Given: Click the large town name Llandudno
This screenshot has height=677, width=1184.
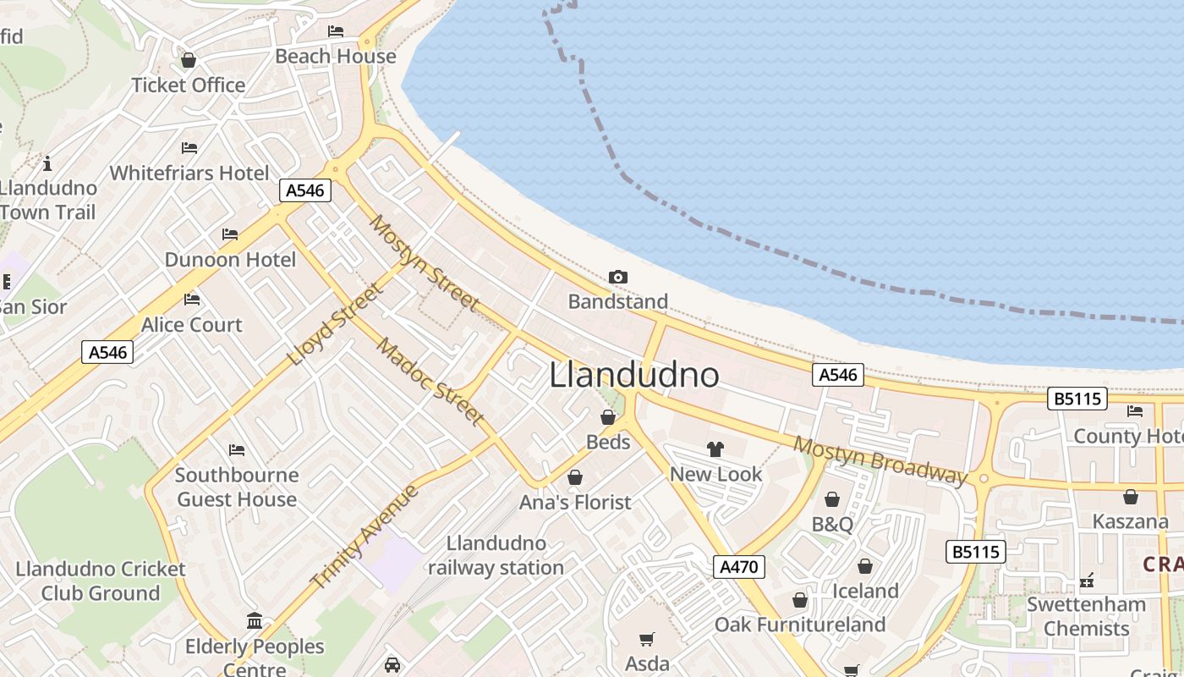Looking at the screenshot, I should point(634,375).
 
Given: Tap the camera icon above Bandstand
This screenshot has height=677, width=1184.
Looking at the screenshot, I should point(618,277).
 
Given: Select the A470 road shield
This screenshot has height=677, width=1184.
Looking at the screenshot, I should point(738,567).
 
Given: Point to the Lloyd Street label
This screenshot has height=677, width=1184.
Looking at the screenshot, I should point(335,325).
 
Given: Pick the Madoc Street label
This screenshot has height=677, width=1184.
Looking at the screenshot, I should point(430,381).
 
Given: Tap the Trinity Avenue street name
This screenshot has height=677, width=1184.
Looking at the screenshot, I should point(365,537).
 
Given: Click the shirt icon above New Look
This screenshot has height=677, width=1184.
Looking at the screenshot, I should point(715,449).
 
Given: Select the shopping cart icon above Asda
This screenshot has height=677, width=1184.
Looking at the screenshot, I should point(647,639).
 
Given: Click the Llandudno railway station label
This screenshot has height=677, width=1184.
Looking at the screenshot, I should point(496,555).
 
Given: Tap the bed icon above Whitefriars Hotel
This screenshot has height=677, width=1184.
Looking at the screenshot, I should point(189,148).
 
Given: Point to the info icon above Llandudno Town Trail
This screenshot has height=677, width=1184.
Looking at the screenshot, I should point(47,162).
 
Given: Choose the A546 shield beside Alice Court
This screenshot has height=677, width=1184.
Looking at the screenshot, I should point(108,352).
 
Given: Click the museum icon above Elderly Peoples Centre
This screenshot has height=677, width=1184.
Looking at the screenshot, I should point(255,621).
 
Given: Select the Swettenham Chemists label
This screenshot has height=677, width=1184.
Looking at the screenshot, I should point(1086,616).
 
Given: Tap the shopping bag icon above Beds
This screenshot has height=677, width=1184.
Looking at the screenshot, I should point(607,417).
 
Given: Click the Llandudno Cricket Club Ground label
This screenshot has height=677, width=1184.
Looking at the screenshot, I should point(100,581).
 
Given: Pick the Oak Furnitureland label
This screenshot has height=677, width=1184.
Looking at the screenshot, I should point(800,625).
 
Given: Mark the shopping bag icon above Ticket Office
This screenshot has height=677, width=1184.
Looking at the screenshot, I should point(189,61).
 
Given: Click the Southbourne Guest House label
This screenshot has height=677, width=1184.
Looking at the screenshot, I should point(237,487).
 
